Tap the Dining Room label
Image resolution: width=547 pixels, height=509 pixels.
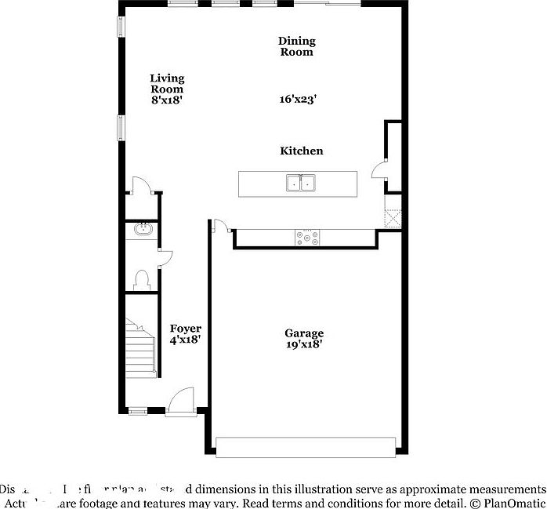coord(296,46)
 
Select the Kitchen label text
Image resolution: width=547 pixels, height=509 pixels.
coord(302,151)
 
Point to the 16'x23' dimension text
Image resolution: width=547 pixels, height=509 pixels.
coord(298,100)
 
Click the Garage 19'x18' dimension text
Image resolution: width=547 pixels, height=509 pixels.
coord(303,344)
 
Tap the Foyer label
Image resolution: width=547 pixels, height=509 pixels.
coord(186,329)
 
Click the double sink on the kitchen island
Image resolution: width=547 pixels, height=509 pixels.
coord(301,183)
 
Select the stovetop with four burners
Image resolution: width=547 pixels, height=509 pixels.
coord(306,238)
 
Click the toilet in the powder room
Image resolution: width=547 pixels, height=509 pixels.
coord(142,280)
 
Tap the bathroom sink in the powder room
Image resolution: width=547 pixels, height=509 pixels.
coord(143,230)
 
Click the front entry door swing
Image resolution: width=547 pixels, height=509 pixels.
coord(181,399)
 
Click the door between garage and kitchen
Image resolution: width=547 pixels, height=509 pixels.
coord(222,227)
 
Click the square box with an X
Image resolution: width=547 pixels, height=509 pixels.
coord(393,217)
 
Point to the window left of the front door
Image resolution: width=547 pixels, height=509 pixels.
coord(137,410)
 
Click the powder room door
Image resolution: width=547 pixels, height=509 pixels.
coord(164,258)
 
